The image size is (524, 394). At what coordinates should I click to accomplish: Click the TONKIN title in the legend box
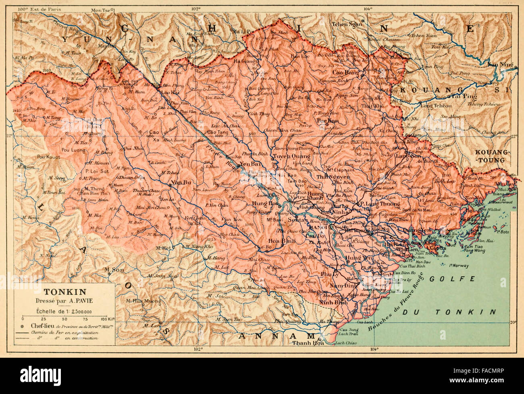(62, 291)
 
